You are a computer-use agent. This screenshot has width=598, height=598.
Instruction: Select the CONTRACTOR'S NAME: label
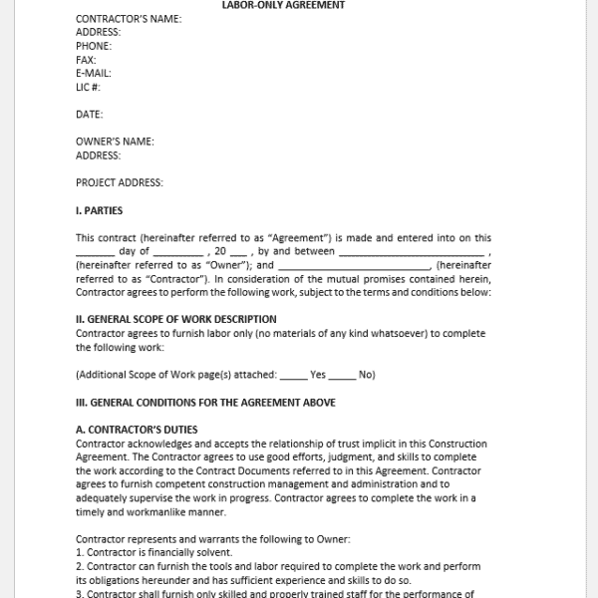[129, 18]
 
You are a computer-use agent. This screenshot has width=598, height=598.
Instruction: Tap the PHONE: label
[94, 46]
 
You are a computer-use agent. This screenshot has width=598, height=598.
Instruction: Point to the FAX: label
[86, 60]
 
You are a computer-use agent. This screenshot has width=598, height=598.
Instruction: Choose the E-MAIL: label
[94, 73]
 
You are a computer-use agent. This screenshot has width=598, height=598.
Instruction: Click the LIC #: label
[90, 87]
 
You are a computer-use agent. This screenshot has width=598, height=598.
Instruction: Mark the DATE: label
[89, 115]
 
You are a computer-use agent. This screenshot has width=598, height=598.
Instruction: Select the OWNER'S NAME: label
[115, 142]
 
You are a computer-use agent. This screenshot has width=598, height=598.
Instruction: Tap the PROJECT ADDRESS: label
[120, 182]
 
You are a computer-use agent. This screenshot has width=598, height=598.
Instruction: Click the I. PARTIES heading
[100, 210]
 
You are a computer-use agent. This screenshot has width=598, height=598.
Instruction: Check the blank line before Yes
[293, 377]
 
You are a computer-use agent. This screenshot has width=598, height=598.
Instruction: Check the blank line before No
[342, 377]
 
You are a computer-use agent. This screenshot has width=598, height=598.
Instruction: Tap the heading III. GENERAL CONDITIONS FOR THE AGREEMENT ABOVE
[205, 403]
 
